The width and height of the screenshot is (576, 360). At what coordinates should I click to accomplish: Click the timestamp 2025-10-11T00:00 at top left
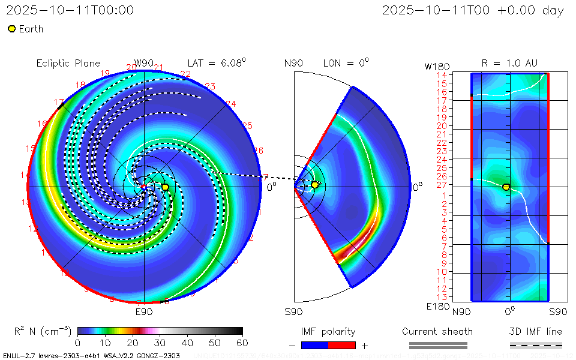click(x=70, y=10)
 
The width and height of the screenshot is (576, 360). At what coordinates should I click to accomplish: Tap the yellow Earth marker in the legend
click(x=11, y=29)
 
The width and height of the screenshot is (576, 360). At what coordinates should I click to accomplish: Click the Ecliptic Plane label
click(x=68, y=63)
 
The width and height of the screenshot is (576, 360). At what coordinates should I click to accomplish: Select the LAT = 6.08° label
click(x=217, y=62)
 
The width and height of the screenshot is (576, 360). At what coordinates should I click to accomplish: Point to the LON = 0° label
click(x=346, y=62)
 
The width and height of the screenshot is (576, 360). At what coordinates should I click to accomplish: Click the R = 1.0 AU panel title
click(x=509, y=62)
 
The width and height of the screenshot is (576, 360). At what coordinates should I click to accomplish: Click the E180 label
click(x=436, y=306)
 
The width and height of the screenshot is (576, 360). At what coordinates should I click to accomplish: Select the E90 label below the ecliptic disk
click(x=144, y=312)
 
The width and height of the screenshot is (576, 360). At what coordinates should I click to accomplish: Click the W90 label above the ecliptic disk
click(x=144, y=63)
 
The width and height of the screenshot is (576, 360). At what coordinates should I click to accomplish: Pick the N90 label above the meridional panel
click(x=294, y=63)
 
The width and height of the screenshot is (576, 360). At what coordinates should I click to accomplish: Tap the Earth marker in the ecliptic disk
click(x=165, y=187)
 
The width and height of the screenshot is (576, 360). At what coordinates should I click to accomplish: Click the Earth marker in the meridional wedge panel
click(x=314, y=185)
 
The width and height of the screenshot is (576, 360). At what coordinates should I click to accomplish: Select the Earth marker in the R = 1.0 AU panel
click(x=506, y=187)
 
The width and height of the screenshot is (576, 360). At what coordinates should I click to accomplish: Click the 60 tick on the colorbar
click(x=242, y=343)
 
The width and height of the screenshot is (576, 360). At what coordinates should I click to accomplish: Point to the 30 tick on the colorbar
click(x=160, y=343)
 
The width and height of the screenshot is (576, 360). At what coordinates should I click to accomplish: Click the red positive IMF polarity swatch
click(x=342, y=345)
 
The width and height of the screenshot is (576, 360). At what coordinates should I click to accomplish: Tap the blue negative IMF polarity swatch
click(x=314, y=345)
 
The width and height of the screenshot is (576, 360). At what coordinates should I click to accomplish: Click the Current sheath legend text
click(x=437, y=331)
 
